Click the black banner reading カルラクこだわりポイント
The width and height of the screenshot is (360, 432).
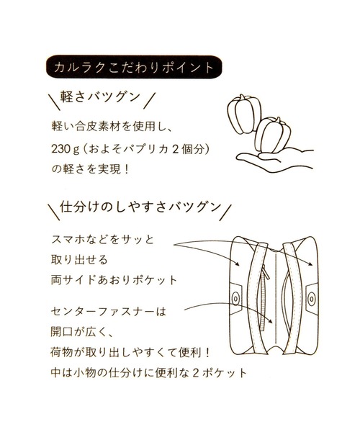pyautogui.click(x=134, y=67)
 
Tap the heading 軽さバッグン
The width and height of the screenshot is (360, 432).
pyautogui.click(x=100, y=97)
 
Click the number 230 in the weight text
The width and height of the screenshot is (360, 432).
pyautogui.click(x=61, y=149)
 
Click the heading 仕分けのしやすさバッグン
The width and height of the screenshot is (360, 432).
pyautogui.click(x=140, y=207)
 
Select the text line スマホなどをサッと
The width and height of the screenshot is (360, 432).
pyautogui.click(x=102, y=240)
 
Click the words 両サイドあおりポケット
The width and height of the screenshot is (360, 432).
pyautogui.click(x=114, y=280)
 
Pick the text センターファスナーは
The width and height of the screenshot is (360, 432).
pyautogui.click(x=109, y=312)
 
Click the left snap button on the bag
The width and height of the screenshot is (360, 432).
pyautogui.click(x=235, y=297)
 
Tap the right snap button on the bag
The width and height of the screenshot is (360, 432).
pyautogui.click(x=312, y=297)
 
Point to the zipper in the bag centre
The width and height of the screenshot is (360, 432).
pyautogui.click(x=263, y=297)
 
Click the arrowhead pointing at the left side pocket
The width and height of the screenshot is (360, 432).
pyautogui.click(x=238, y=263)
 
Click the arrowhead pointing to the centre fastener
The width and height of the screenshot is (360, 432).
pyautogui.click(x=271, y=321)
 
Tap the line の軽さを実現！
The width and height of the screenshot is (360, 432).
pyautogui.click(x=90, y=169)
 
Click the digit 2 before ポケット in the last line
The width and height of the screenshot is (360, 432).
pyautogui.click(x=196, y=373)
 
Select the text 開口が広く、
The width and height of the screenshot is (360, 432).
pyautogui.click(x=82, y=332)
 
